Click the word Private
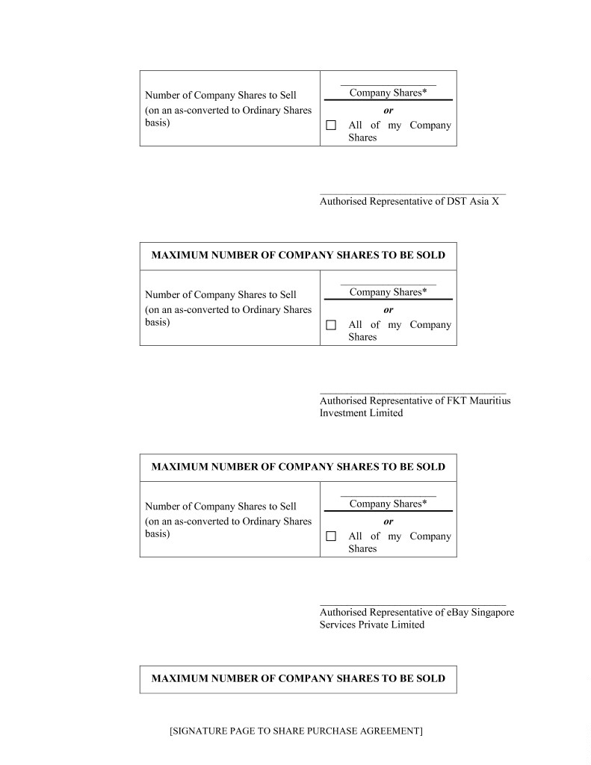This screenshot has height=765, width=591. (380, 625)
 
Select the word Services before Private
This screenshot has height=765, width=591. (340, 625)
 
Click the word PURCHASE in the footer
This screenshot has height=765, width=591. (292, 731)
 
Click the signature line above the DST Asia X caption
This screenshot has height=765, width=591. (412, 194)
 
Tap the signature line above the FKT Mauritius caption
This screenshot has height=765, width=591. (412, 393)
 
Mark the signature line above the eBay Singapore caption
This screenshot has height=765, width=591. (412, 604)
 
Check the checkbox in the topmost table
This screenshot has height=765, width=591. (331, 126)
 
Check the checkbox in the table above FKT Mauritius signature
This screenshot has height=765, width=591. (331, 325)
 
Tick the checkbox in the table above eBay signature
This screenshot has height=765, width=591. (331, 536)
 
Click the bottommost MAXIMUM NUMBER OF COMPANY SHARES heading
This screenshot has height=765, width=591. (298, 679)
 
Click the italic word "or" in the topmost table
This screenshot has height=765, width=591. (389, 111)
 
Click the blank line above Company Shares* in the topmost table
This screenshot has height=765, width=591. (388, 86)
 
